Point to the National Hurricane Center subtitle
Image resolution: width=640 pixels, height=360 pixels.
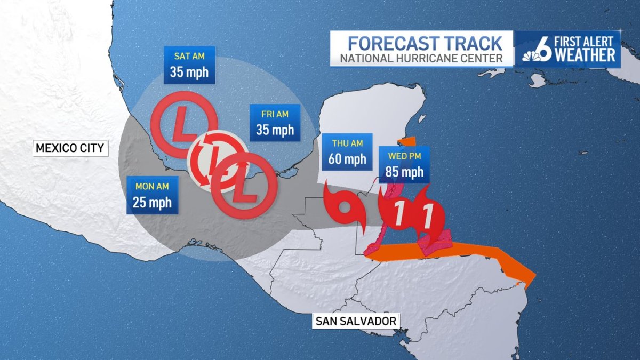pyautogui.click(x=421, y=58)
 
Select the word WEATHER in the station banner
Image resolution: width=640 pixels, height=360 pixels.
pyautogui.click(x=585, y=55)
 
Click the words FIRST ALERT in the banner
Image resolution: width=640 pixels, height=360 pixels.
pyautogui.click(x=585, y=41)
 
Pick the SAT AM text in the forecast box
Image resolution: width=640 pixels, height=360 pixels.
pyautogui.click(x=189, y=55)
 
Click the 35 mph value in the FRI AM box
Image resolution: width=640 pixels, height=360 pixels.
pyautogui.click(x=275, y=130)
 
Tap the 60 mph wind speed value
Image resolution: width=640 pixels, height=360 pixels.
pyautogui.click(x=347, y=158)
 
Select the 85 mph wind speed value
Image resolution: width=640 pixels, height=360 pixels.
pyautogui.click(x=404, y=172)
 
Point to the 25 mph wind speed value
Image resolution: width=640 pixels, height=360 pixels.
pyautogui.click(x=153, y=203)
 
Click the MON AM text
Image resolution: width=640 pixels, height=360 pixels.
pyautogui.click(x=153, y=188)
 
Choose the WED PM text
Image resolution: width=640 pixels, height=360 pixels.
pyautogui.click(x=404, y=158)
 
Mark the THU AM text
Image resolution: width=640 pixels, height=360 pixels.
pyautogui.click(x=347, y=143)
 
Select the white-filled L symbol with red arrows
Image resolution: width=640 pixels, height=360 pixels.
pyautogui.click(x=217, y=161)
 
